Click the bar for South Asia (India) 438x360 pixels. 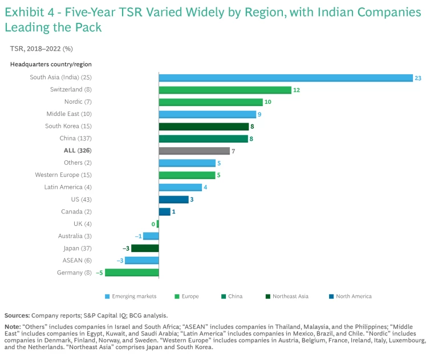(x=285, y=78)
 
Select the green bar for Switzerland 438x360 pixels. (x=225, y=90)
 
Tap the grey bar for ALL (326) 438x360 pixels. (x=194, y=151)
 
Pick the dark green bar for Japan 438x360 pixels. (x=145, y=248)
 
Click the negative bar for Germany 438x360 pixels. (x=132, y=273)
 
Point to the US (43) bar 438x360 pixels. (x=173, y=200)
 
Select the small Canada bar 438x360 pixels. (x=164, y=212)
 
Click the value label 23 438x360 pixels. (x=418, y=78)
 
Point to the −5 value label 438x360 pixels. (x=99, y=273)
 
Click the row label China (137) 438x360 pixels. (x=76, y=139)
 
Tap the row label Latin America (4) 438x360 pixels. (x=68, y=187)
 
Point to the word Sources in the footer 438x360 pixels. (x=17, y=315)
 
